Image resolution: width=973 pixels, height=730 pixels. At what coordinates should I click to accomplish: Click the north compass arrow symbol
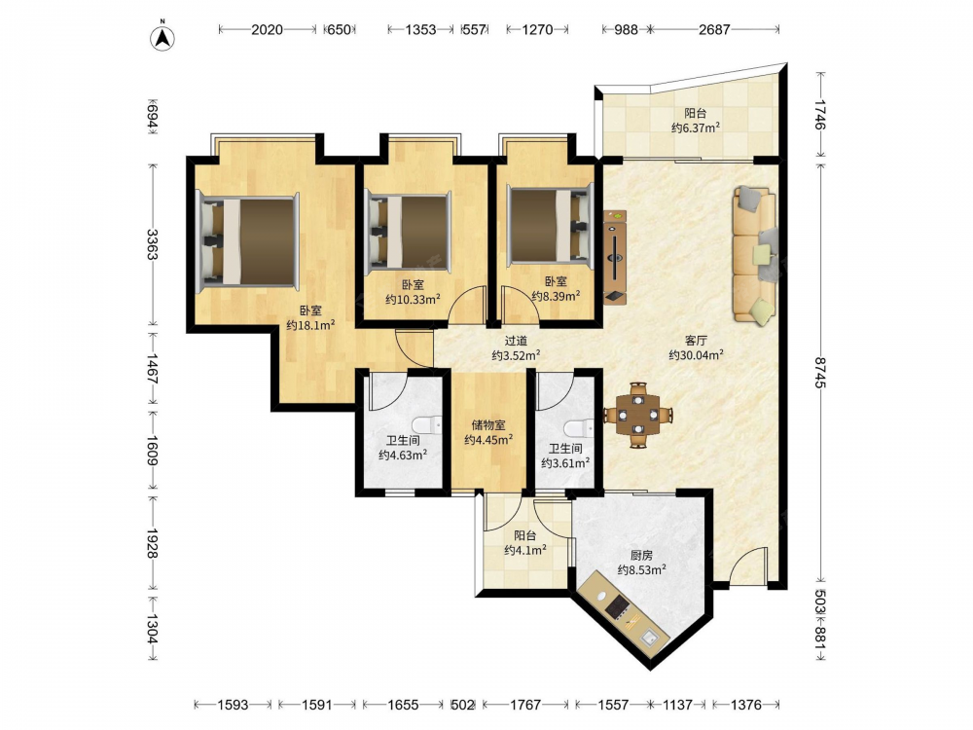coord(162,37)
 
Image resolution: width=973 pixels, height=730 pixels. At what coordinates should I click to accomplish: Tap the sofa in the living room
coord(755,254)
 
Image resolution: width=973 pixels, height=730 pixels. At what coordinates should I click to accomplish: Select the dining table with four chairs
coord(638,415)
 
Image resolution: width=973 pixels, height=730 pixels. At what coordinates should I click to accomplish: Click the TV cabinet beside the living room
coord(616,257)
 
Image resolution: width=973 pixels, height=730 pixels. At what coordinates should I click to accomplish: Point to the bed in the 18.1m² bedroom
coord(247,241)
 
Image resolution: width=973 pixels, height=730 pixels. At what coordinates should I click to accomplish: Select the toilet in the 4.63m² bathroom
coord(427,424)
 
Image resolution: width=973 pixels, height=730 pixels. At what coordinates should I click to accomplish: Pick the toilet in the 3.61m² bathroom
coord(579,428)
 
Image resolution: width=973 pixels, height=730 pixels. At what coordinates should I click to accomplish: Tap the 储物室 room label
coord(488,425)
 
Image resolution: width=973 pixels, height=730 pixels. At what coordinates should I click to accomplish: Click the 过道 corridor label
coord(516,340)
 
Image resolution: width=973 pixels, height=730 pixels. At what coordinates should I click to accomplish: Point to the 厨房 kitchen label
coord(641,555)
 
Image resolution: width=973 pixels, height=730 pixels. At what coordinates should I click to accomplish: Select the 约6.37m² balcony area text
coord(696,128)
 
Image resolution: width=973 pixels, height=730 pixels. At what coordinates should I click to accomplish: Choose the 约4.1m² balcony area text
coord(525,550)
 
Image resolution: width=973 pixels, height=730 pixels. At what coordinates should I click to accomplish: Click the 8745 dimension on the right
coord(821,373)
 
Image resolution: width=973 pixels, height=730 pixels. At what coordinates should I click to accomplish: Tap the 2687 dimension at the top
coord(714,29)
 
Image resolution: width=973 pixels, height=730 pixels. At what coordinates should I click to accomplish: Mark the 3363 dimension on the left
coord(153,244)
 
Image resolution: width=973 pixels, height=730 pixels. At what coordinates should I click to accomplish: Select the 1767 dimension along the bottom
coord(525,705)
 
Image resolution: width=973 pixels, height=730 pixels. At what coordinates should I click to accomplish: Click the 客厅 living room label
coord(696,340)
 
